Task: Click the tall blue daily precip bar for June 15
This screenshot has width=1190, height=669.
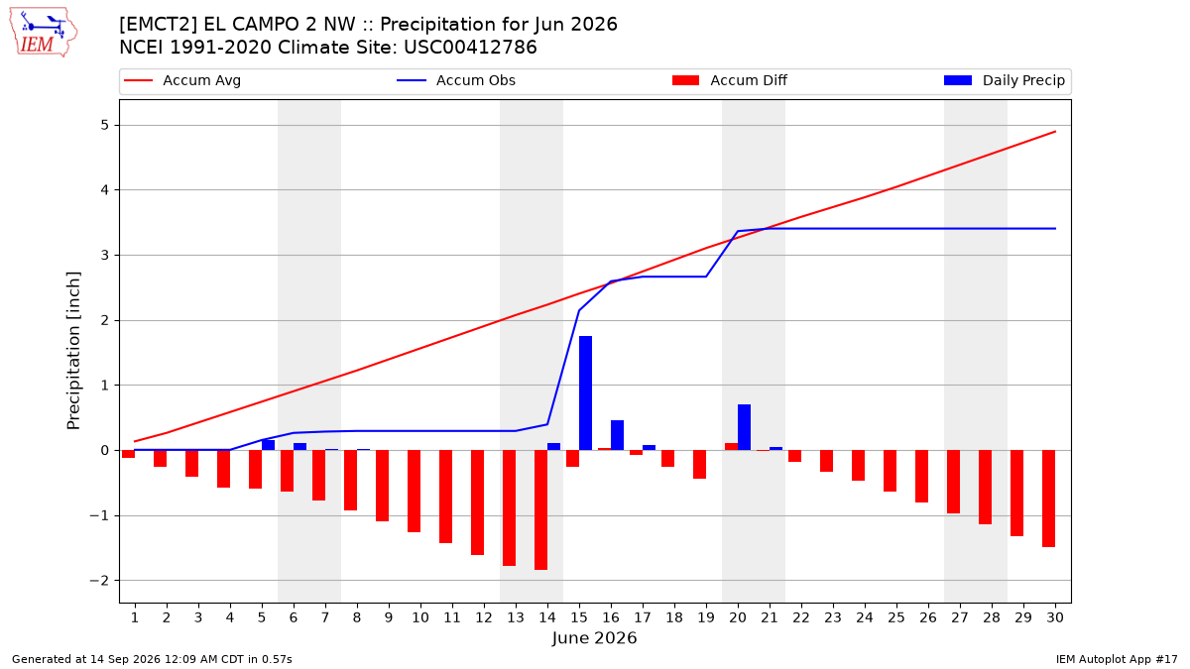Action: [585, 392]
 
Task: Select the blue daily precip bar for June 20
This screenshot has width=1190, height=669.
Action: [745, 427]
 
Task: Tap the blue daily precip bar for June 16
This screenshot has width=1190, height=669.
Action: [617, 435]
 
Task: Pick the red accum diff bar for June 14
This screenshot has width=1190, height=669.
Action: [540, 509]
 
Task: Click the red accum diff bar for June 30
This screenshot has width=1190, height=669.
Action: [1049, 499]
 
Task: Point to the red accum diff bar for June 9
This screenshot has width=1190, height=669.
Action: [383, 486]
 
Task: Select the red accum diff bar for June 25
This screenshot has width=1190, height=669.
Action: [891, 471]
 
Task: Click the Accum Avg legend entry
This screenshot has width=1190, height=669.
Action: [182, 80]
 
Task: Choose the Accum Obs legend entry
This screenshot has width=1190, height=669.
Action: [456, 80]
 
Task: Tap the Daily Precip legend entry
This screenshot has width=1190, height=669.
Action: [1005, 80]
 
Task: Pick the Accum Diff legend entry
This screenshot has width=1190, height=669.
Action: [730, 80]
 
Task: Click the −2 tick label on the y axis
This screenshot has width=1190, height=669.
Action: [99, 581]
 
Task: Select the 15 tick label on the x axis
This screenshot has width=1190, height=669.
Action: [579, 617]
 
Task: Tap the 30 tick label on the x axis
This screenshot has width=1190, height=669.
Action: [1055, 617]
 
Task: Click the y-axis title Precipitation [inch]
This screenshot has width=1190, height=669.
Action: [73, 351]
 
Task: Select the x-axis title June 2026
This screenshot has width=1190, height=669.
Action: [594, 637]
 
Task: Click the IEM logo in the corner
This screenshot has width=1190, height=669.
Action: [43, 33]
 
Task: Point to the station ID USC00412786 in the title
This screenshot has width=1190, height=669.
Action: [470, 48]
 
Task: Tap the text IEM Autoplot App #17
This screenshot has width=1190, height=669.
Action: [1117, 659]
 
